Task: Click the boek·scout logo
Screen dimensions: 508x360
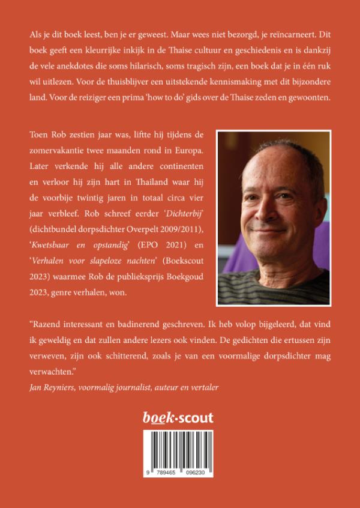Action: [180, 417]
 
